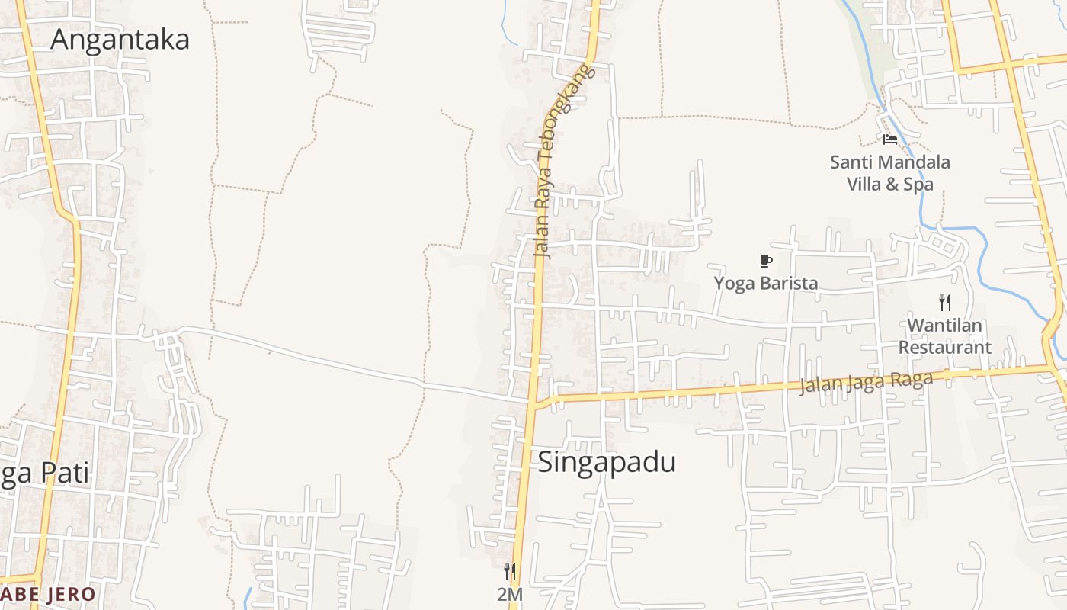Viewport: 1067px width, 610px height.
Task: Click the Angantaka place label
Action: tap(120, 39)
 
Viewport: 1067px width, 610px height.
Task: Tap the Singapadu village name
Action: tap(607, 462)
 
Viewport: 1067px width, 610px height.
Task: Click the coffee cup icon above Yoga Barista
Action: tap(766, 262)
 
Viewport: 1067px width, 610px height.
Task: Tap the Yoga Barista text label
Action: tap(766, 283)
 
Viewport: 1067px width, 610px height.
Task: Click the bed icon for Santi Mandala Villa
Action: tap(889, 140)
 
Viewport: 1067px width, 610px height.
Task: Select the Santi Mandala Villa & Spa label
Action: tap(889, 173)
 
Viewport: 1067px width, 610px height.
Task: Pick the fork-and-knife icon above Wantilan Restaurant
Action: tap(945, 303)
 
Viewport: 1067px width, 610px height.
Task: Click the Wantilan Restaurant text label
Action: tap(945, 336)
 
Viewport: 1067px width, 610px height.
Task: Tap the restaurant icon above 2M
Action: tap(510, 571)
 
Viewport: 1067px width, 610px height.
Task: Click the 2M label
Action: tap(510, 594)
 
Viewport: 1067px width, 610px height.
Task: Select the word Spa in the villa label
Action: tap(918, 184)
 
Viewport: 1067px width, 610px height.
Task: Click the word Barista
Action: tap(788, 283)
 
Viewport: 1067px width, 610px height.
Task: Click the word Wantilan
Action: tap(945, 326)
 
